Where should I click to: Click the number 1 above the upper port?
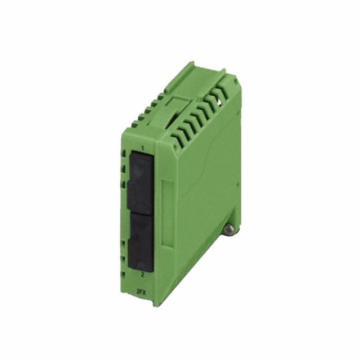142,148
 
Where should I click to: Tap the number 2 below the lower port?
142,274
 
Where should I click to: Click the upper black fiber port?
141,182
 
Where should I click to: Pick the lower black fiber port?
141,241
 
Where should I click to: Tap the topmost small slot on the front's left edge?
124,154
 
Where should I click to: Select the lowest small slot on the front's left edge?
123,275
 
